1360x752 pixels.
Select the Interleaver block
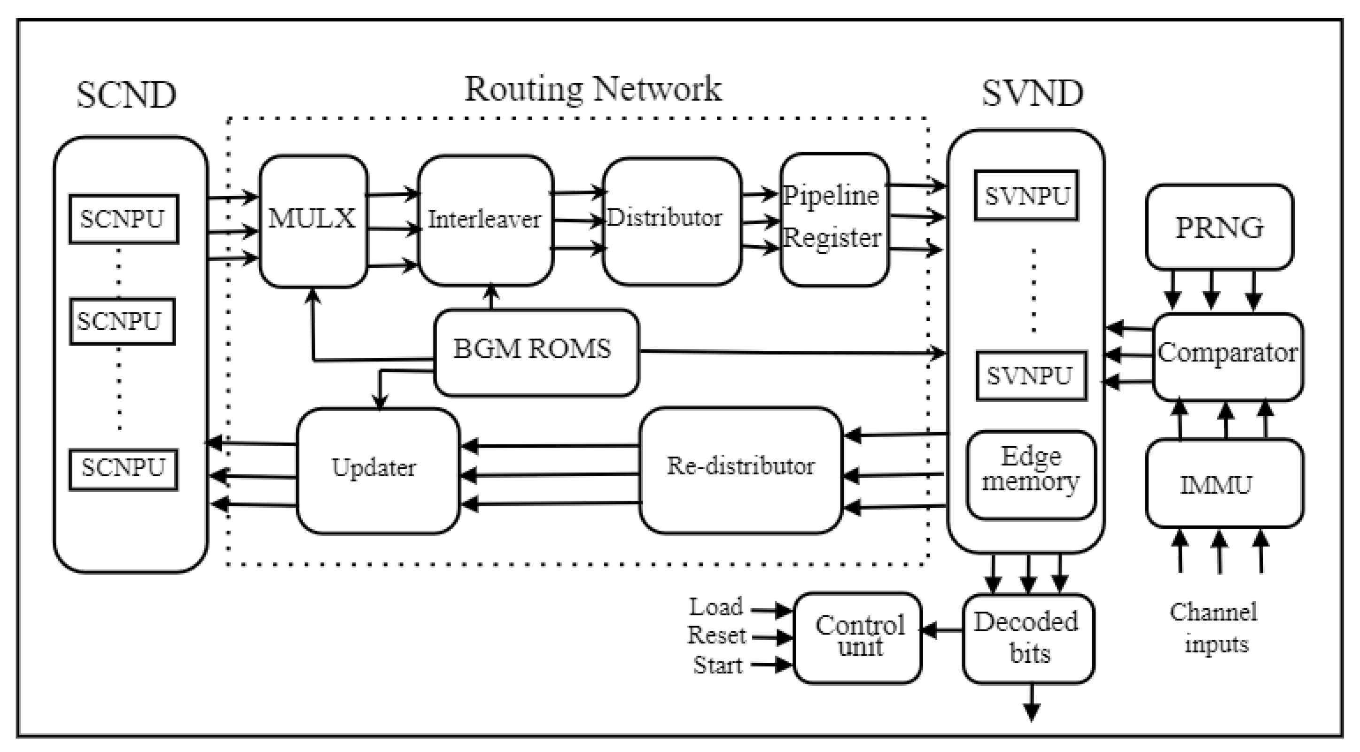pyautogui.click(x=485, y=220)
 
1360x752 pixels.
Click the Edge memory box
pyautogui.click(x=1031, y=473)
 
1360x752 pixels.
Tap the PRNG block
pyautogui.click(x=1219, y=227)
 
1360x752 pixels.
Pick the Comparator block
pyautogui.click(x=1227, y=356)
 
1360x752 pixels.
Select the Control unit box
pyautogui.click(x=858, y=637)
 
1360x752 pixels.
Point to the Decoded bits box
pyautogui.click(x=1027, y=638)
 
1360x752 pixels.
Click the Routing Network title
pyautogui.click(x=592, y=89)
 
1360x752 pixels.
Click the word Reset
pyautogui.click(x=716, y=636)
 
